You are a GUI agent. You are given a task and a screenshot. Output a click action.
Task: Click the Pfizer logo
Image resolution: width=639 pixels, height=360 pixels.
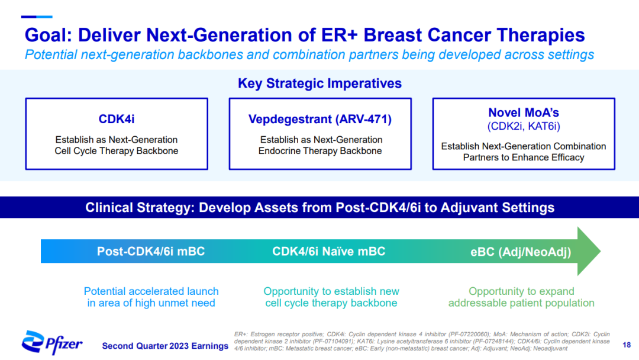[51, 342]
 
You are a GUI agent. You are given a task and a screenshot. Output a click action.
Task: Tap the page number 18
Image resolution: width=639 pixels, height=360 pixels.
[627, 345]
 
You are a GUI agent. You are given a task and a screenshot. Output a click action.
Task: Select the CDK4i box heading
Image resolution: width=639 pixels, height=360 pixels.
[117, 119]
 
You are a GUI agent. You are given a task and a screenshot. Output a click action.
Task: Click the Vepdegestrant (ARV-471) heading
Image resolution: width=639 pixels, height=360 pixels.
[320, 119]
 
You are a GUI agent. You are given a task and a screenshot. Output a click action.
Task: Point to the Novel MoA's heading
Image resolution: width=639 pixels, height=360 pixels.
[524, 112]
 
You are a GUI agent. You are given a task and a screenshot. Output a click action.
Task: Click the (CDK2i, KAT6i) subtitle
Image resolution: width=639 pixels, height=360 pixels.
[524, 126]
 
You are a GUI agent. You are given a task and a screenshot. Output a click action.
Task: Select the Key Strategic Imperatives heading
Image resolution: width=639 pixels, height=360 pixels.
[320, 83]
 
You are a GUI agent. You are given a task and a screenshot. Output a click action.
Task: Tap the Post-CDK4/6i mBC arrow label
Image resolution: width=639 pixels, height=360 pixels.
[151, 252]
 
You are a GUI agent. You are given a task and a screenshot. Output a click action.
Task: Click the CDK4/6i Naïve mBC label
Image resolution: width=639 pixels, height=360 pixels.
[329, 252]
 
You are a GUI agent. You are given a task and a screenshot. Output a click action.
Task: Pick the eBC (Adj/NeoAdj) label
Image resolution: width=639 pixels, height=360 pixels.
[521, 252]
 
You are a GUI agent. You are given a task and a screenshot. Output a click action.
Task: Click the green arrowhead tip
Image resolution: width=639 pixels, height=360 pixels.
[601, 251]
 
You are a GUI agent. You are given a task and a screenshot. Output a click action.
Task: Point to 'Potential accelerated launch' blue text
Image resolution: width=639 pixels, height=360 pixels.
[151, 291]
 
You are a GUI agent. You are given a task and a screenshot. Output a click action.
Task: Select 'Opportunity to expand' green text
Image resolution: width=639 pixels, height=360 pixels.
[521, 291]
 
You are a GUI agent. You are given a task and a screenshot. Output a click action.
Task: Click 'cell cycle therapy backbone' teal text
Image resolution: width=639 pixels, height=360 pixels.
[331, 303]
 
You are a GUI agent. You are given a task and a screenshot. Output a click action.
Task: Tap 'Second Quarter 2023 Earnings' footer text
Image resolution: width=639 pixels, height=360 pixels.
[165, 346]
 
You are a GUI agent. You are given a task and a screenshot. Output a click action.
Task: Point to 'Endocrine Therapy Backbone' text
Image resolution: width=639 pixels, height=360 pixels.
[320, 151]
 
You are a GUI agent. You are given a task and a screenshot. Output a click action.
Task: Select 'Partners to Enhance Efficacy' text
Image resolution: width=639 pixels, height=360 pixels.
[524, 157]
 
